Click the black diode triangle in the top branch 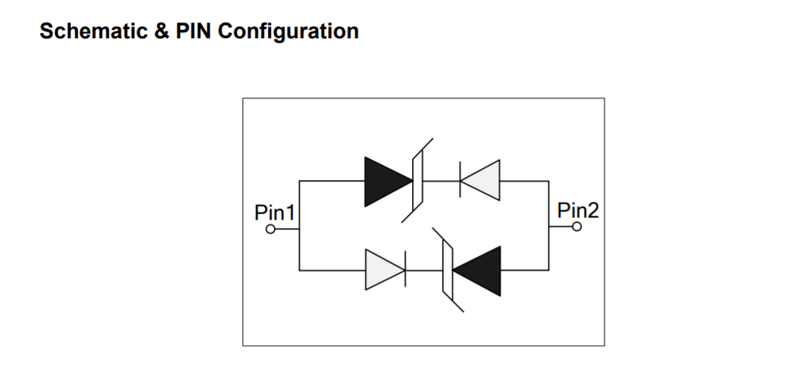click(x=385, y=181)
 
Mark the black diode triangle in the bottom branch click(x=479, y=269)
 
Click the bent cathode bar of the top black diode click(x=419, y=181)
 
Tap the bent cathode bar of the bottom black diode click(x=446, y=269)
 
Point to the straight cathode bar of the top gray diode click(x=459, y=181)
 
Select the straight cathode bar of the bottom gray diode click(x=405, y=269)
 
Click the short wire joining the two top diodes click(x=441, y=181)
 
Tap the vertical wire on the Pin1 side click(x=299, y=225)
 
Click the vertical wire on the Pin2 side click(x=549, y=225)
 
